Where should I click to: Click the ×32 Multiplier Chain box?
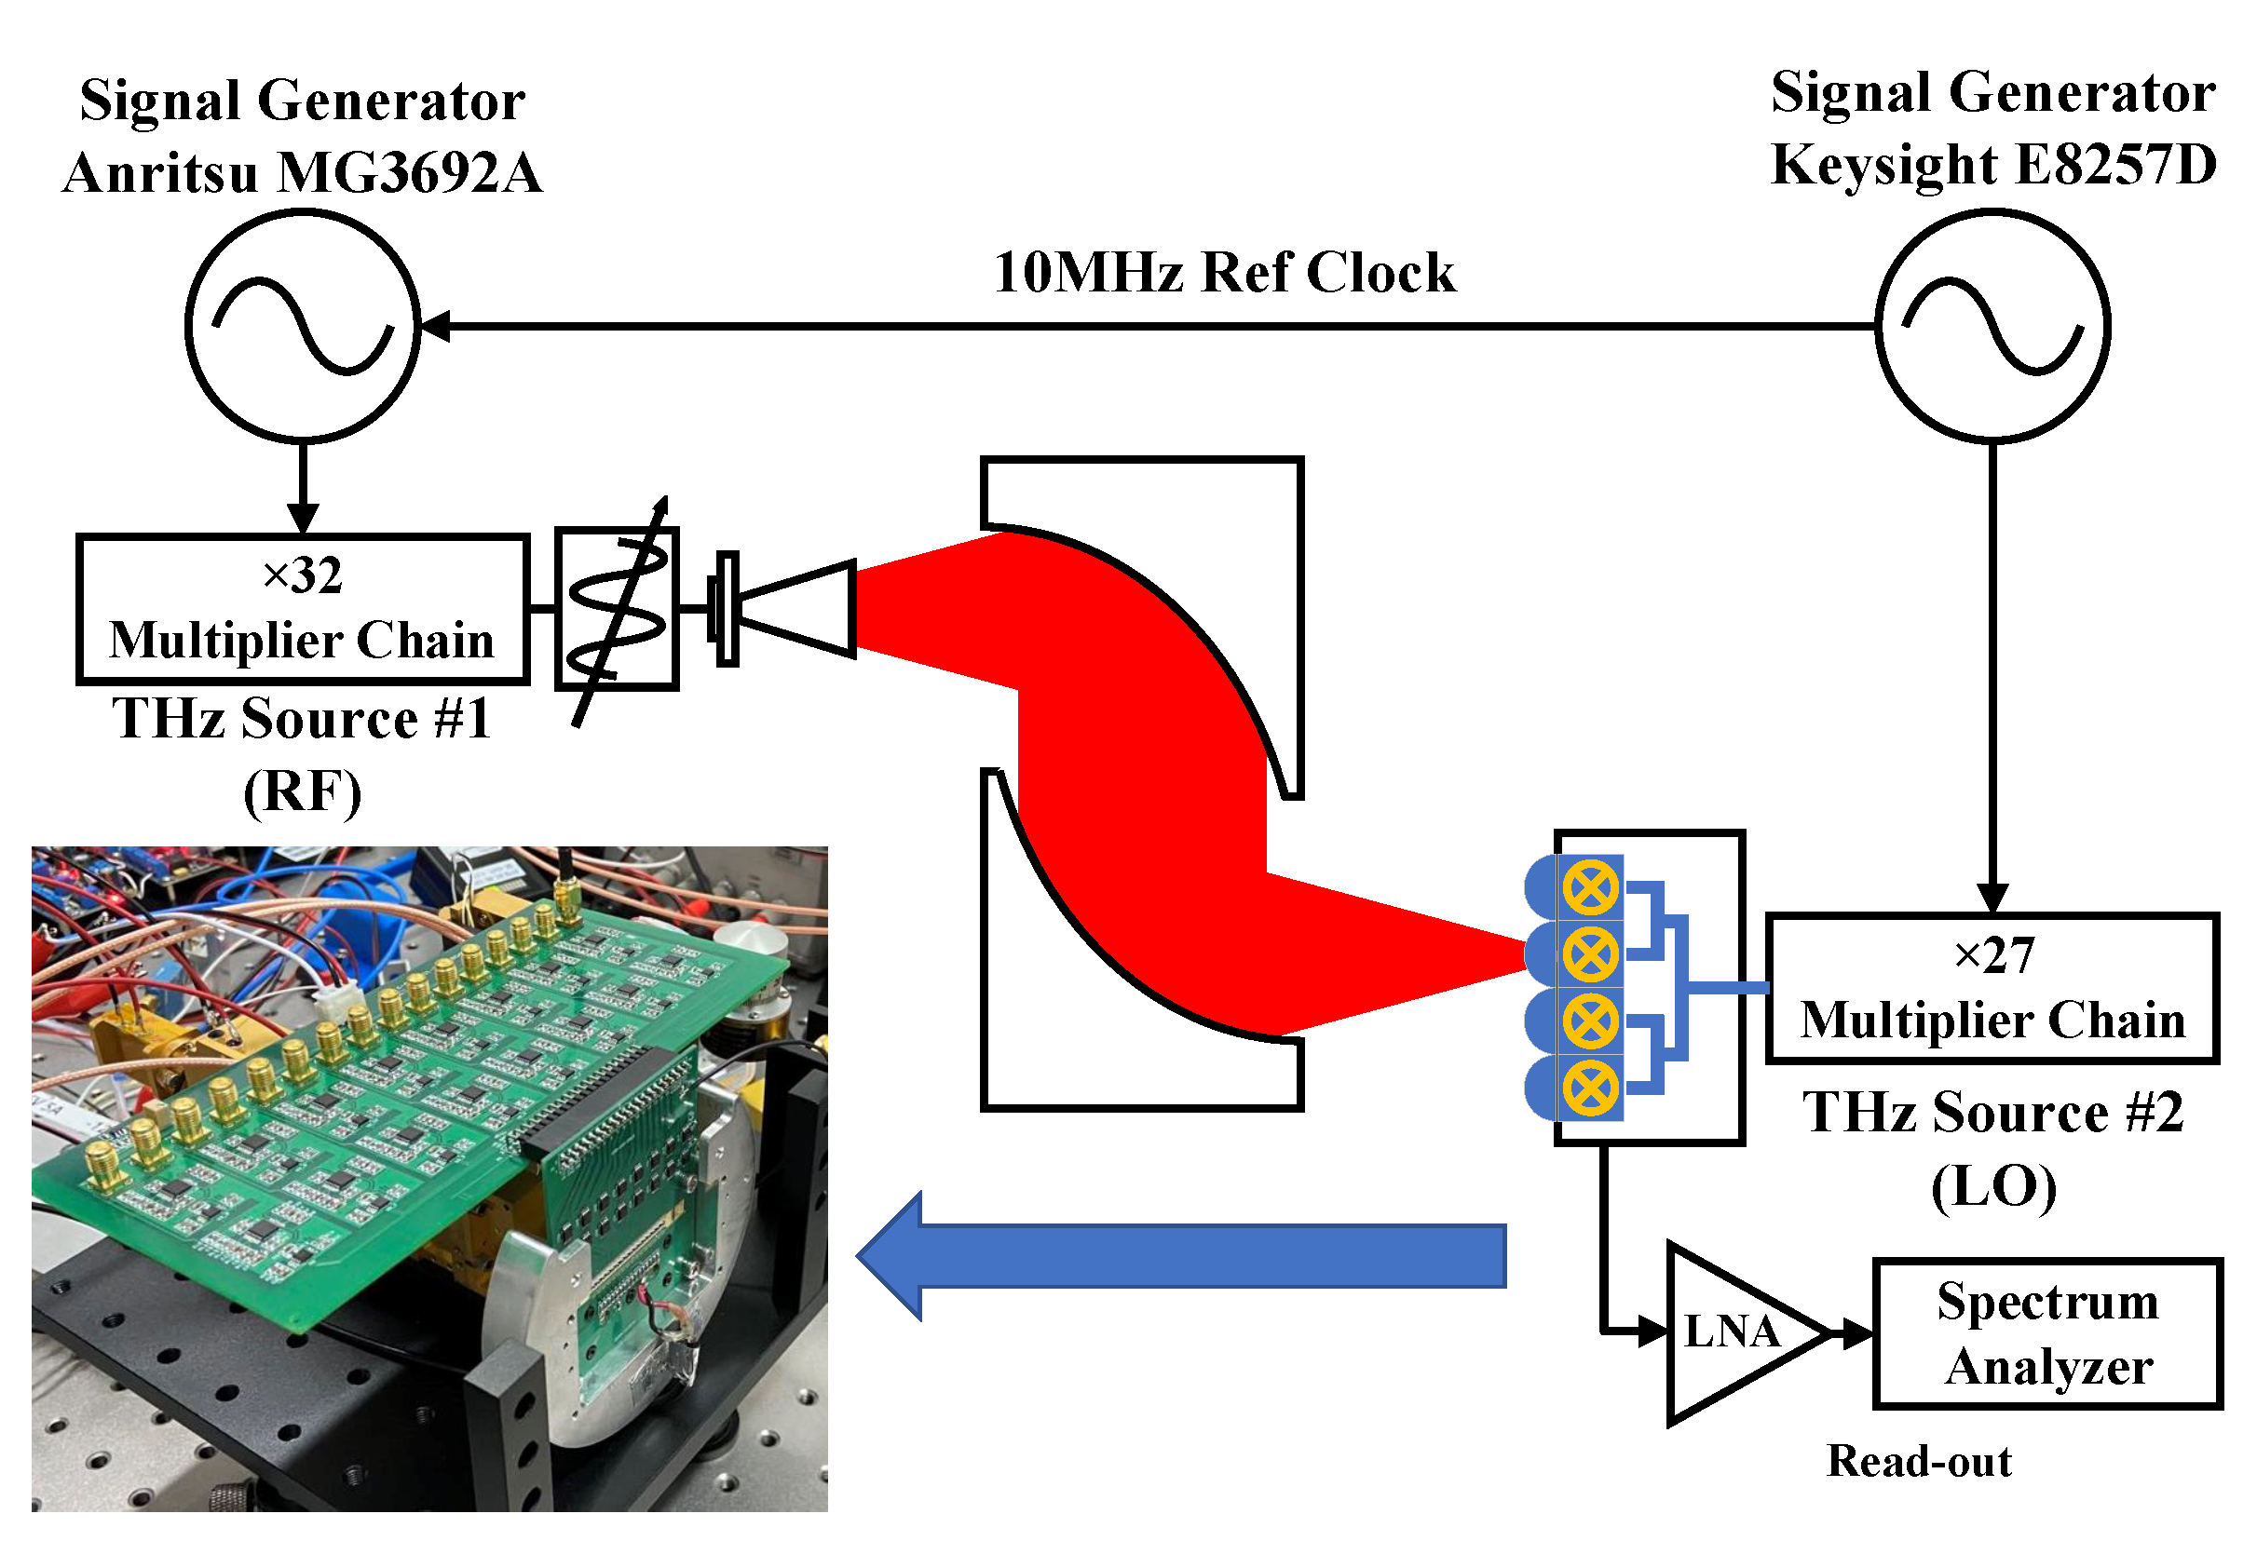302,610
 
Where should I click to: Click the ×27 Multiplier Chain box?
1992,989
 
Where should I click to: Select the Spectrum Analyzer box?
2047,1333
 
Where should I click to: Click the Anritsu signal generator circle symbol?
303,326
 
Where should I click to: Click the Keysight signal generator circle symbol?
1992,326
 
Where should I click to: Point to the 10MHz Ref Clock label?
1224,272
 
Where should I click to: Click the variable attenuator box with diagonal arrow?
617,610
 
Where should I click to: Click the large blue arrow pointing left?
1180,1256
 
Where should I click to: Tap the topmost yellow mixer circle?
1590,887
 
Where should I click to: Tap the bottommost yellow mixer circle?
1590,1088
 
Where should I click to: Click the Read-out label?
1918,1461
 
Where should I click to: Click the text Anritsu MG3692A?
302,173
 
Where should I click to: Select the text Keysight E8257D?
1992,165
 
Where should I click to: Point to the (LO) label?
1992,1186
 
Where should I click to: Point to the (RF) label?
302,791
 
